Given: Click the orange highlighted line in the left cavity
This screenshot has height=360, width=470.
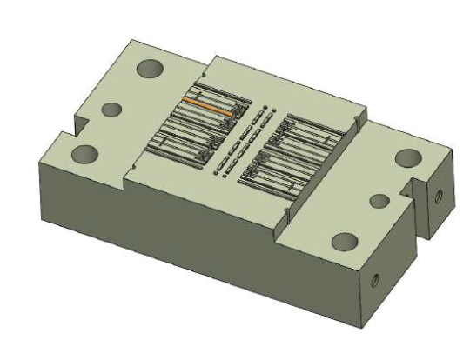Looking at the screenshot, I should click(207, 107).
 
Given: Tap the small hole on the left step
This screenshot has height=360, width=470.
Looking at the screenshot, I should click(111, 110).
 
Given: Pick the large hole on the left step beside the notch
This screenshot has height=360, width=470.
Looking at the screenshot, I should click(85, 154).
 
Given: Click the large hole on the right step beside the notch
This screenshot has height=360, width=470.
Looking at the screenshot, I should click(406, 157).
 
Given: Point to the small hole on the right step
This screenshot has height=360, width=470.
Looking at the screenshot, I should click(379, 201).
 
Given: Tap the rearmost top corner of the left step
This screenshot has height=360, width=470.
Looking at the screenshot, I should click(131, 40).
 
